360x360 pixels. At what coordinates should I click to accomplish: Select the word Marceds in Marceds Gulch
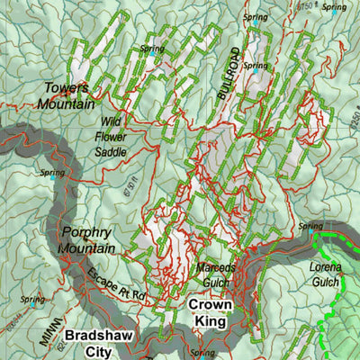coord(216,268)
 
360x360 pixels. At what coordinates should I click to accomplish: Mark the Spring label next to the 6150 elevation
coord(333,8)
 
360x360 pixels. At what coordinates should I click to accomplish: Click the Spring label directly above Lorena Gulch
coord(310,227)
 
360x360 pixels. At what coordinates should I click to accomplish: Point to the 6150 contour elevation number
coord(306,8)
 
